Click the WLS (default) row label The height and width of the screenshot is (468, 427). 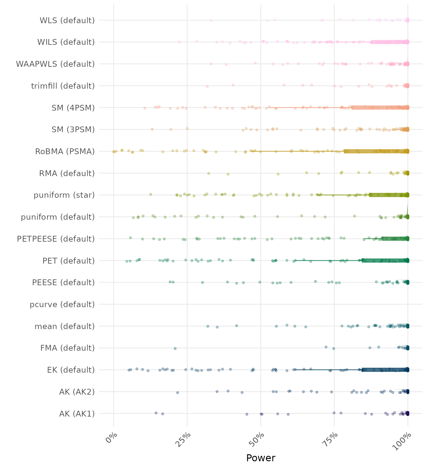pos(67,20)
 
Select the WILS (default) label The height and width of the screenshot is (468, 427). pos(66,42)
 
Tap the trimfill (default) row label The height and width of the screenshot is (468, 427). pos(63,86)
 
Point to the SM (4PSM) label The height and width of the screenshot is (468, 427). pos(73,108)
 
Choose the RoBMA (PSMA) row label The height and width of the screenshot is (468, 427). pos(65,151)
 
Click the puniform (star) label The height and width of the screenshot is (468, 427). pos(64,195)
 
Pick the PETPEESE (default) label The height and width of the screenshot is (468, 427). pos(56,239)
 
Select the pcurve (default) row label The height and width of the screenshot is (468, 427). pos(62,304)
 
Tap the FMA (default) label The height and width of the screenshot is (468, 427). pos(67,348)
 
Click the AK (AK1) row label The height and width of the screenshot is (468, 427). pos(77,414)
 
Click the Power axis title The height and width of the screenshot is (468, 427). pos(261,458)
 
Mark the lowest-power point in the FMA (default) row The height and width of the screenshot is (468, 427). pos(175,348)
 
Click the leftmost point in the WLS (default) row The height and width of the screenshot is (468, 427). pos(211,21)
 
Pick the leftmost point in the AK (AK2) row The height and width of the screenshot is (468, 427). pos(178,392)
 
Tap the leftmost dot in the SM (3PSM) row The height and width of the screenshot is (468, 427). pos(152,129)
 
